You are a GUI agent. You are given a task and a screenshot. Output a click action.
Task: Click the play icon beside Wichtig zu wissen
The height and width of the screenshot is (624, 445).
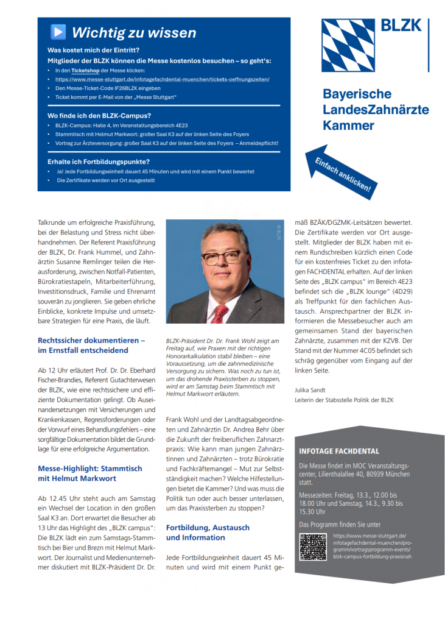pos(58,32)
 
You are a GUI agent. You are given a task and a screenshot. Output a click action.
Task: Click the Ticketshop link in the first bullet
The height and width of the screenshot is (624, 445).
pos(81,71)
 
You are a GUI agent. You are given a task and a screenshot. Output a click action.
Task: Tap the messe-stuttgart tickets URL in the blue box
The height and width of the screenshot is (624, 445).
pos(162,79)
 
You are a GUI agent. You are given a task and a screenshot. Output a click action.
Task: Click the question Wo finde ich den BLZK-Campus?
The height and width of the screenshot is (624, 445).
pos(99,115)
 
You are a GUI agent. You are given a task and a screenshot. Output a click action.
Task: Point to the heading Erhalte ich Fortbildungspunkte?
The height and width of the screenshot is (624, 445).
pos(99,161)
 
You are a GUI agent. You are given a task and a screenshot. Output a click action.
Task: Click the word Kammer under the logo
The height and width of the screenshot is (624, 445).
pos(348,126)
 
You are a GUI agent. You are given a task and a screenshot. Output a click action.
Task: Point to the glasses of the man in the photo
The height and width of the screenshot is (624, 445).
pos(222,257)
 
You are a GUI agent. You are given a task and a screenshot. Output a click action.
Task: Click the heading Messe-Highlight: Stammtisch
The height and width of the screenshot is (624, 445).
pos(89,468)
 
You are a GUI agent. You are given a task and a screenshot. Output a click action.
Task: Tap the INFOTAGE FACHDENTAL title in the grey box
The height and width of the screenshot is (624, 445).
pos(339,452)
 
